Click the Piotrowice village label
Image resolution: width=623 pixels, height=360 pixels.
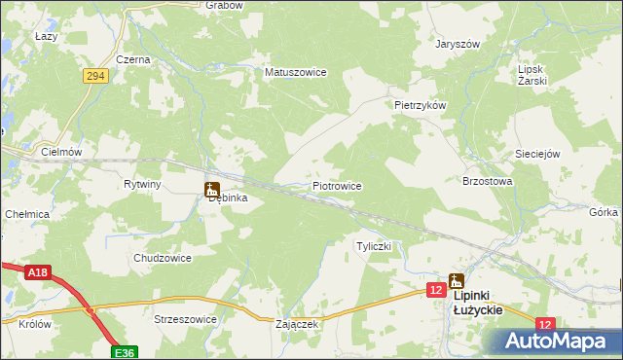pos(337,185)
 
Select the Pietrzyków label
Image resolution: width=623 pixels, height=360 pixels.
pos(420,104)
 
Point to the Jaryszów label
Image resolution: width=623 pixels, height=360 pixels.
pos(459,45)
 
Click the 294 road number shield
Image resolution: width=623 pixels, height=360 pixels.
pos(94,75)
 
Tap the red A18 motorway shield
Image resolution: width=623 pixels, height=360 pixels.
pos(38,273)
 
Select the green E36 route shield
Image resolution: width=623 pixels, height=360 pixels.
pos(123,352)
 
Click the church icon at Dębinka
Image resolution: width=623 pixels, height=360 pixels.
pos(211,189)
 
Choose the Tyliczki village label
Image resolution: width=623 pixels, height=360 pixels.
pos(374,247)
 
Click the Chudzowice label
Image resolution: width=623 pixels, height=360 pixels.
pos(162,258)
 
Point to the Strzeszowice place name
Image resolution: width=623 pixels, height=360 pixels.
pos(185,318)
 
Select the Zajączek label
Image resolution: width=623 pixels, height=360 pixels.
pos(297,324)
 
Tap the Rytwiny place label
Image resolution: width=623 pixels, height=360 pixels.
pos(142,183)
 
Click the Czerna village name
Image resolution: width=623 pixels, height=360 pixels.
pos(132,59)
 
